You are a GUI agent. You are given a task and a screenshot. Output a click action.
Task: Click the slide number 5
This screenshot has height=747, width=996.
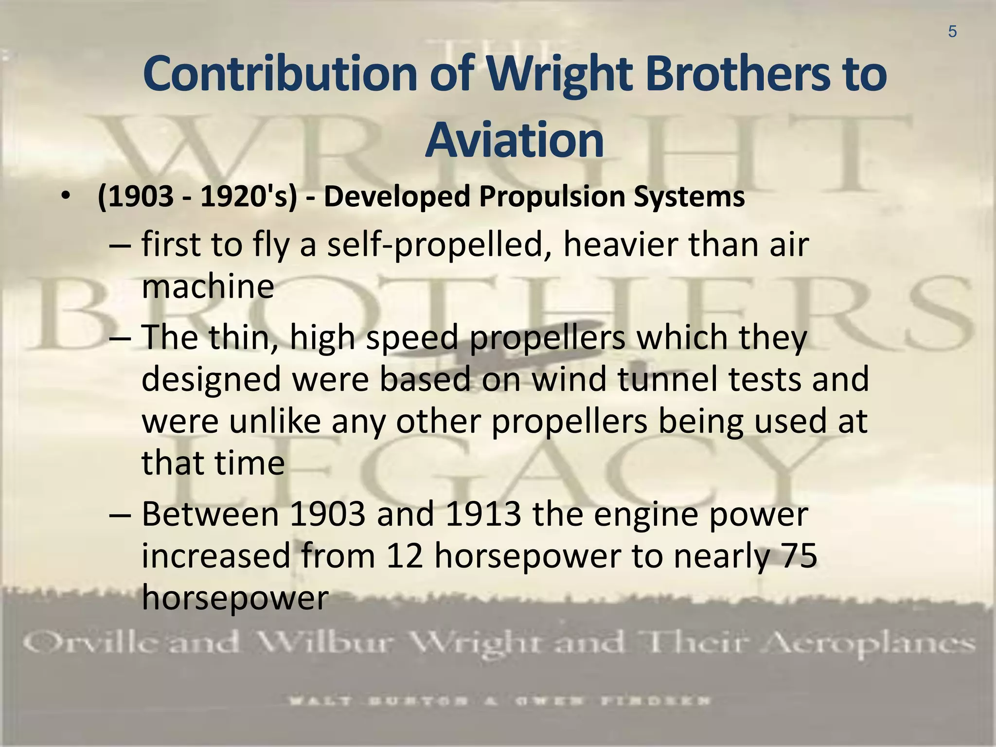(x=952, y=32)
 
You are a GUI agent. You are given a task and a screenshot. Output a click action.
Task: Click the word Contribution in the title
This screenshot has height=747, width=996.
(x=280, y=74)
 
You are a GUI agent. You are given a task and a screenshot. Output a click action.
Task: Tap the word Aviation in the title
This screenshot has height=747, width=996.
(x=514, y=141)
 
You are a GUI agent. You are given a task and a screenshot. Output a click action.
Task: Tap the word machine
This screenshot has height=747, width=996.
(x=208, y=286)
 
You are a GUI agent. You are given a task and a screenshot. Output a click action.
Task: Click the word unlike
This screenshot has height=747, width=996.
(x=275, y=421)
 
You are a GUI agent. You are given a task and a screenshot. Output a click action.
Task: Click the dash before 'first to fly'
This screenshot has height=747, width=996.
(x=120, y=245)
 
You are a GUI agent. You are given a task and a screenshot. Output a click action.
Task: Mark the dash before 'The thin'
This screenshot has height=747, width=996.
(x=120, y=338)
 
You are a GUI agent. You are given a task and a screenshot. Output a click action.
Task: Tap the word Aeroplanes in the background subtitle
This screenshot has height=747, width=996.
(x=881, y=644)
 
